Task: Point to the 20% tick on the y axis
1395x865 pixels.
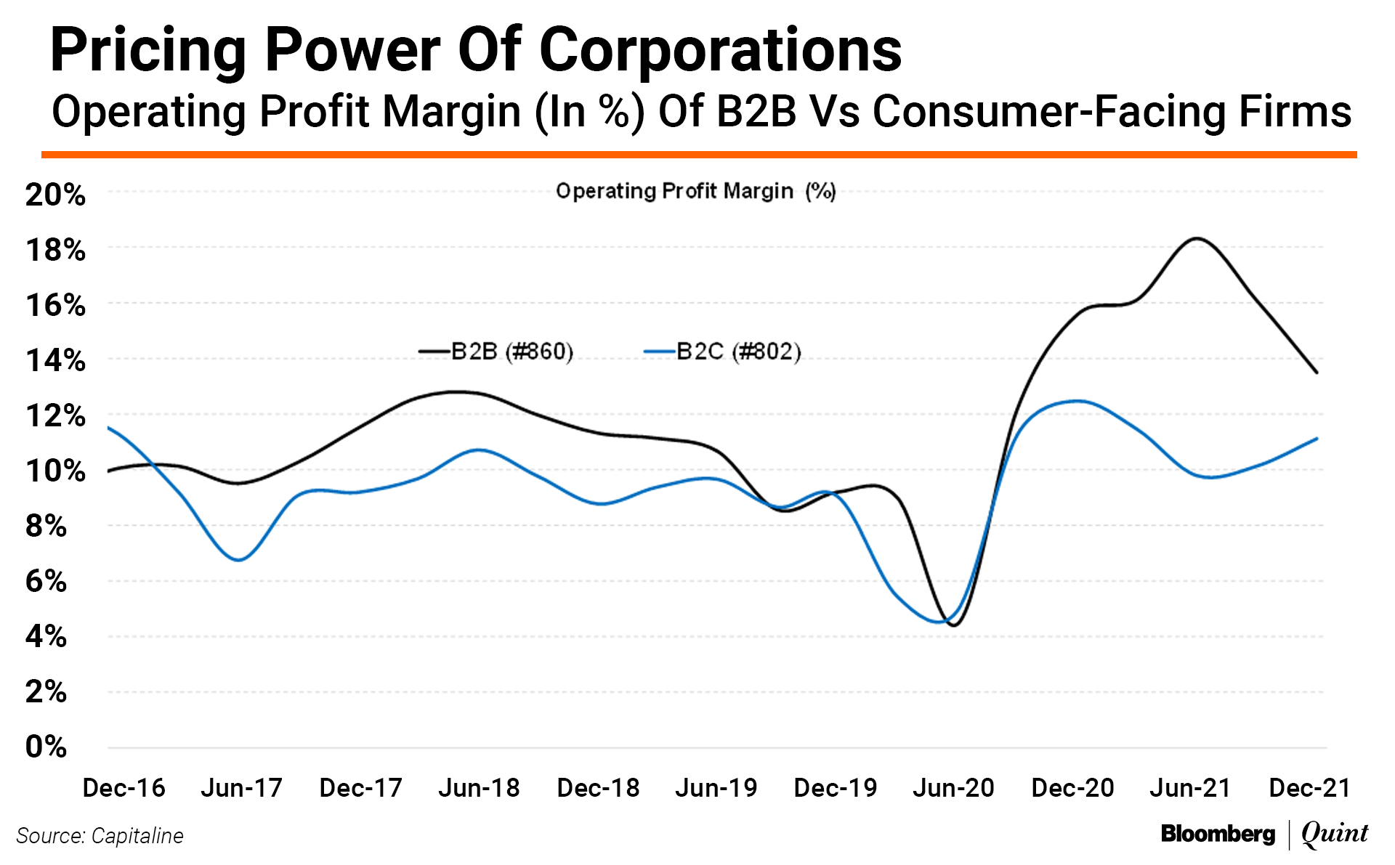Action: point(55,195)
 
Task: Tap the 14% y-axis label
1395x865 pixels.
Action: point(55,360)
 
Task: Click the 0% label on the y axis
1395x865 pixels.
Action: point(46,747)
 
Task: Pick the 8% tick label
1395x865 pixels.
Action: point(46,526)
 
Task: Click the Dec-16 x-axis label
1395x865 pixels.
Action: point(124,788)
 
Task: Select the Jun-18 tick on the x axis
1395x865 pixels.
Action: point(479,788)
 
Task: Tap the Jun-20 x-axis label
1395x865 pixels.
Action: point(953,788)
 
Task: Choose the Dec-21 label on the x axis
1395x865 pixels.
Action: point(1309,788)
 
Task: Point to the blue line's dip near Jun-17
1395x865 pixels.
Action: point(238,560)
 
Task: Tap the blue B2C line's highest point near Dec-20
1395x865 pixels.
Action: point(1077,401)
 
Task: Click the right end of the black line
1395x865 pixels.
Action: point(1317,373)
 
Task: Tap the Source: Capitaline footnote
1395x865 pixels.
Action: point(100,836)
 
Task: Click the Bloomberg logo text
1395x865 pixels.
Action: point(1218,834)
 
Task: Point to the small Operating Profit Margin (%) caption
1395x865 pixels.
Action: point(695,191)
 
